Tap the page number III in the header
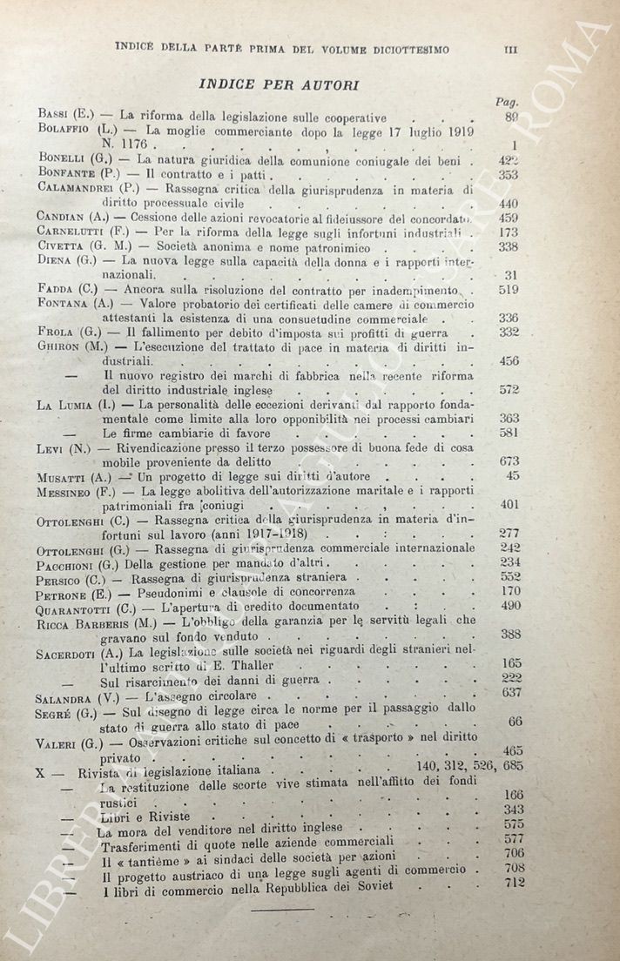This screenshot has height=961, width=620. pyautogui.click(x=510, y=50)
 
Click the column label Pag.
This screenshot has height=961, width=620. pyautogui.click(x=506, y=101)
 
